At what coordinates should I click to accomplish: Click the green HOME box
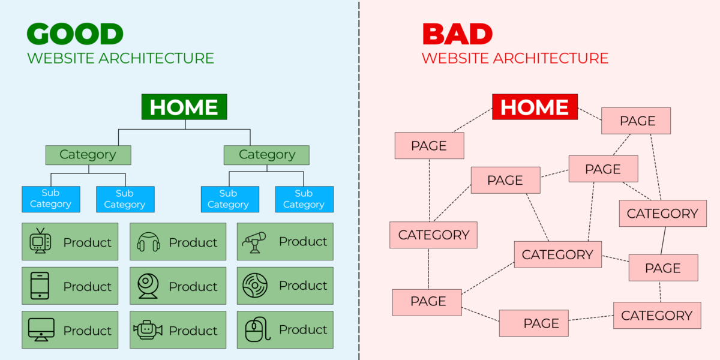click(x=184, y=107)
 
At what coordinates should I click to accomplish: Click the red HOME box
click(x=535, y=107)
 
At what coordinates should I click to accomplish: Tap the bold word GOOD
click(x=75, y=34)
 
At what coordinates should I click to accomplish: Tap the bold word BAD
click(x=457, y=34)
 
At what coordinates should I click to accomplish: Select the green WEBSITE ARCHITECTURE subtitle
click(x=121, y=58)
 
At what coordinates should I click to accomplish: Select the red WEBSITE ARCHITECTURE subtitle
click(x=515, y=58)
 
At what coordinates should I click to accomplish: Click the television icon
click(x=41, y=241)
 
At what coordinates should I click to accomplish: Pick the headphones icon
click(x=148, y=242)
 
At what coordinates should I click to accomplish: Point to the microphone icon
click(x=254, y=242)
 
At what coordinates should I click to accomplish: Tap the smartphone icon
click(x=40, y=286)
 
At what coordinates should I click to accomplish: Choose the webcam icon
click(x=148, y=286)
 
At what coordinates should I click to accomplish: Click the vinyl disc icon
click(x=255, y=286)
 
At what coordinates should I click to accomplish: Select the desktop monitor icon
click(x=41, y=329)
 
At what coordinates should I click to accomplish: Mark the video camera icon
click(x=148, y=329)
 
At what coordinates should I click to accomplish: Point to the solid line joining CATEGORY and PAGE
click(x=663, y=241)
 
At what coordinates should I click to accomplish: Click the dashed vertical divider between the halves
click(x=359, y=180)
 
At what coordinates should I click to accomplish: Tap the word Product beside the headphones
click(x=193, y=242)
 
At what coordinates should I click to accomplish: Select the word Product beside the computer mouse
click(x=303, y=329)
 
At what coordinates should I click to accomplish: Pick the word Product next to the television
click(x=88, y=242)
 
